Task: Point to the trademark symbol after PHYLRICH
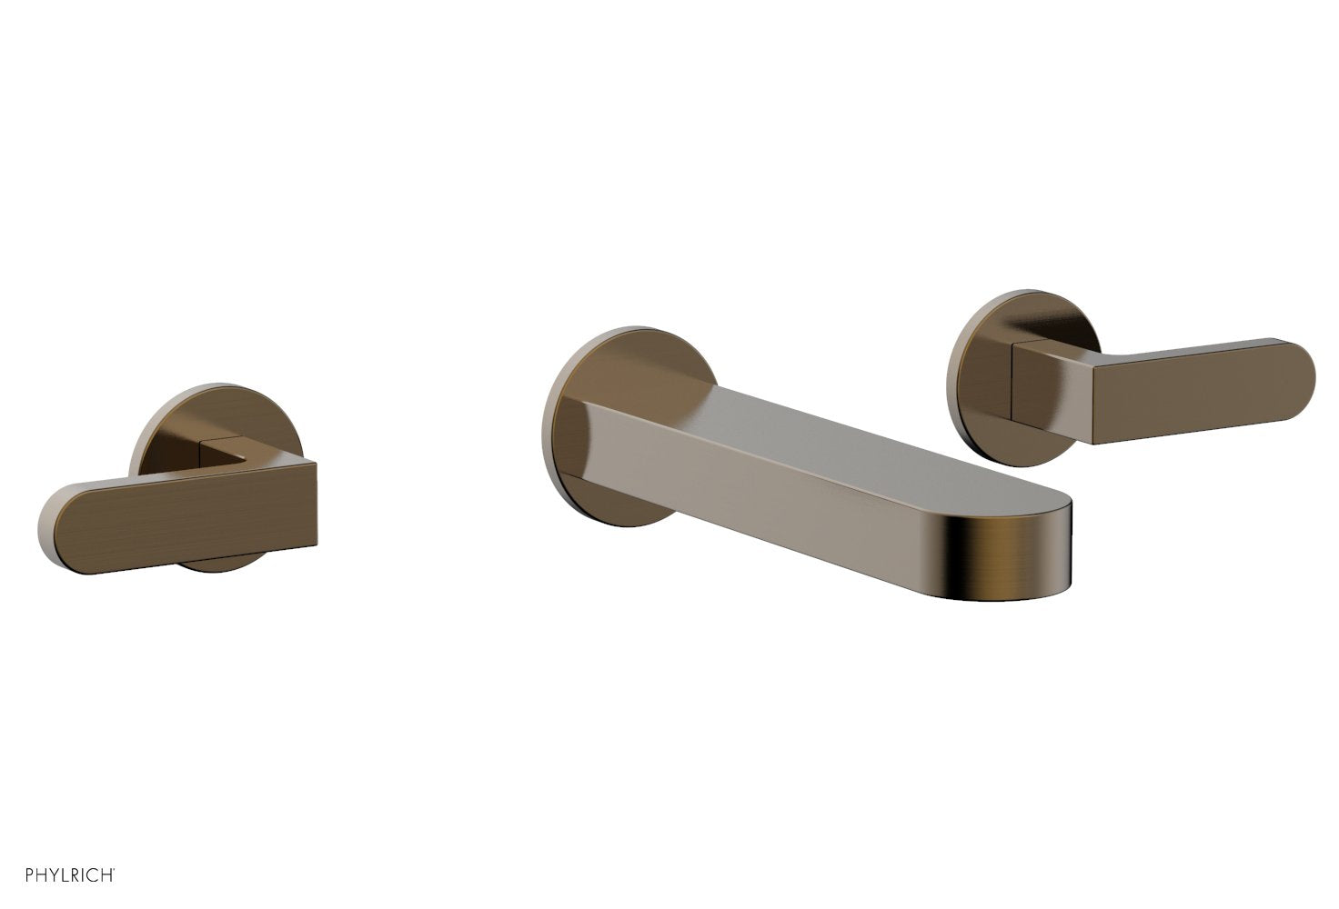point(115,870)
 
